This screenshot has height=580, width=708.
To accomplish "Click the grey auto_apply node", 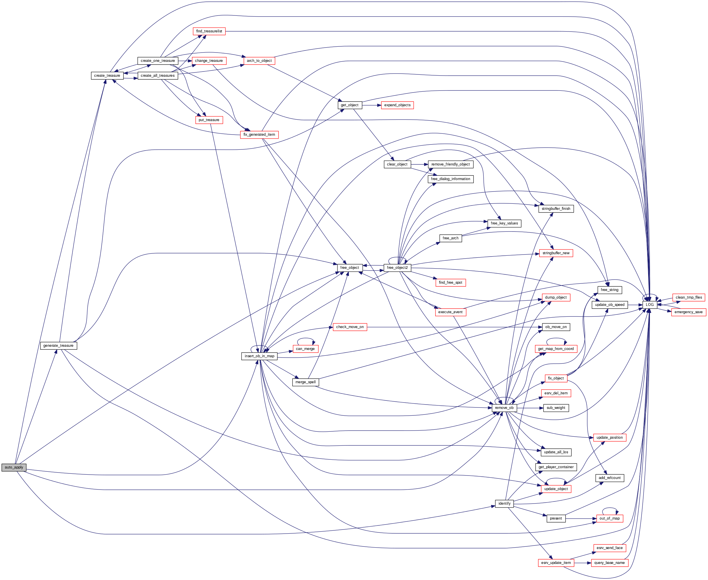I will click(x=14, y=467).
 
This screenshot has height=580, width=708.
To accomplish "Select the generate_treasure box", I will click(x=58, y=346).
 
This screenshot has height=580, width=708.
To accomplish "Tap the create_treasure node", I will click(x=107, y=76).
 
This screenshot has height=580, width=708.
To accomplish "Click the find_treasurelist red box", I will click(x=209, y=31).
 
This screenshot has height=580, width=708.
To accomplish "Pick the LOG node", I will click(x=649, y=305).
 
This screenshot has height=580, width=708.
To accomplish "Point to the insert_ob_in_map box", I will click(x=259, y=356).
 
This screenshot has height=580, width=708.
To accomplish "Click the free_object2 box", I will click(x=397, y=268).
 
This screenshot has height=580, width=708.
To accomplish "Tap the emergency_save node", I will click(x=688, y=312).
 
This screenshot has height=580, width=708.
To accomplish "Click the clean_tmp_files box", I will click(x=688, y=297).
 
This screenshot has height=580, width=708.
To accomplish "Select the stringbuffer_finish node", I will click(x=556, y=209).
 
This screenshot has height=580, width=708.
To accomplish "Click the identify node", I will click(x=504, y=504).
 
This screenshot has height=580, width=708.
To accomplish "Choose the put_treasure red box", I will click(x=209, y=120).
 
